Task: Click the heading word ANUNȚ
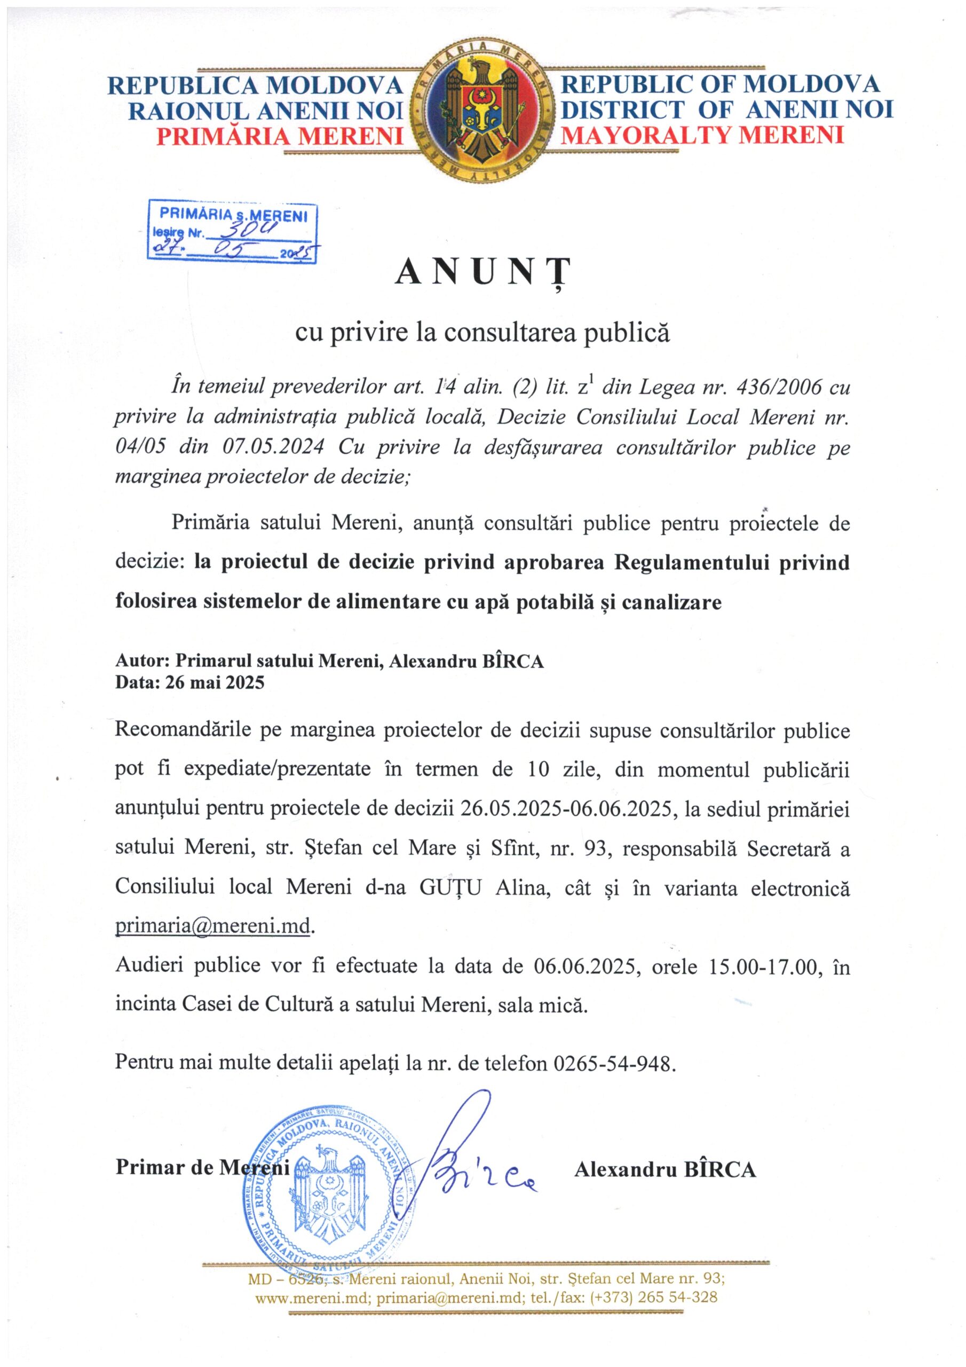(x=482, y=273)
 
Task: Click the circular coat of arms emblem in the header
(x=482, y=113)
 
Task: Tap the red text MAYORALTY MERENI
(x=703, y=136)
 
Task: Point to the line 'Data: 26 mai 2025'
(x=189, y=682)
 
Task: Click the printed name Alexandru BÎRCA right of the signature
(x=665, y=1169)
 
